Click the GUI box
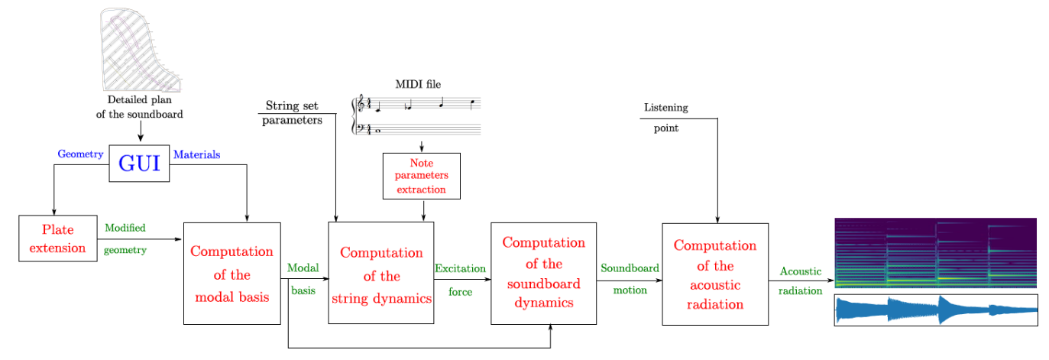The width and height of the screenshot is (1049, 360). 139,163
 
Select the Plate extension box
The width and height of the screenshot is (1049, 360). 58,238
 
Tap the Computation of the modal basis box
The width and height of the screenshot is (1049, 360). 232,274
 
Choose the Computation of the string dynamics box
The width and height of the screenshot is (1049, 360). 381,274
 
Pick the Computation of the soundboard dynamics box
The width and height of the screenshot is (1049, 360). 543,273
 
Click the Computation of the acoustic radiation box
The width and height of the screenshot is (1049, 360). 714,274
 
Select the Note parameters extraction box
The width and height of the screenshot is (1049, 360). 422,176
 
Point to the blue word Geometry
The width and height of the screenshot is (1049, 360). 80,154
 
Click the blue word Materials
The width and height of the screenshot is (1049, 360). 197,154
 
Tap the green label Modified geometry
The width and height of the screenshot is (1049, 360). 125,238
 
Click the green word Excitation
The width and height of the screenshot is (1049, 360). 460,268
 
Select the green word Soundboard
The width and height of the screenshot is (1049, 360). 630,268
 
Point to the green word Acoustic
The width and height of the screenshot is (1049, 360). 800,271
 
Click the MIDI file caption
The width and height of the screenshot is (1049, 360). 418,85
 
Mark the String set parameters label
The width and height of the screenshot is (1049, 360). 292,112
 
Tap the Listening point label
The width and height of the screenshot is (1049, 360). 665,117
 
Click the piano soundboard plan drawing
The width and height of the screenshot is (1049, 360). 142,50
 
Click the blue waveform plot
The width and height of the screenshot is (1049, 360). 935,310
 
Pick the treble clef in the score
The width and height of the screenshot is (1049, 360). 362,106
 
